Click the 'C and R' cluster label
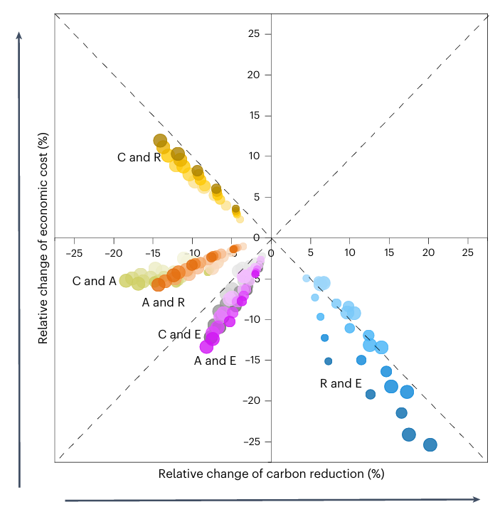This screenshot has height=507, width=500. (x=139, y=157)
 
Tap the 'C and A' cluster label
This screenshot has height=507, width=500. (x=94, y=281)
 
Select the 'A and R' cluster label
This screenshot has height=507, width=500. (x=164, y=302)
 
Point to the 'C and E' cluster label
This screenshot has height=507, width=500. (x=179, y=334)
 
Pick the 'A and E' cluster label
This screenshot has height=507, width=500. (x=215, y=361)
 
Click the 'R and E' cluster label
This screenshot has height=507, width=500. (x=341, y=383)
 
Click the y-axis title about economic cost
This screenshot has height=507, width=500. (x=43, y=238)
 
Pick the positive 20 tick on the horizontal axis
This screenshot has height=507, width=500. (x=428, y=252)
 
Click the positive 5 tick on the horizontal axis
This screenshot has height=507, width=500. (x=310, y=252)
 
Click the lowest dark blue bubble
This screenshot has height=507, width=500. (x=430, y=444)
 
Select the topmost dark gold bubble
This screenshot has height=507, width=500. (x=160, y=140)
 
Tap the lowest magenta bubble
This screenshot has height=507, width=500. (x=207, y=347)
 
